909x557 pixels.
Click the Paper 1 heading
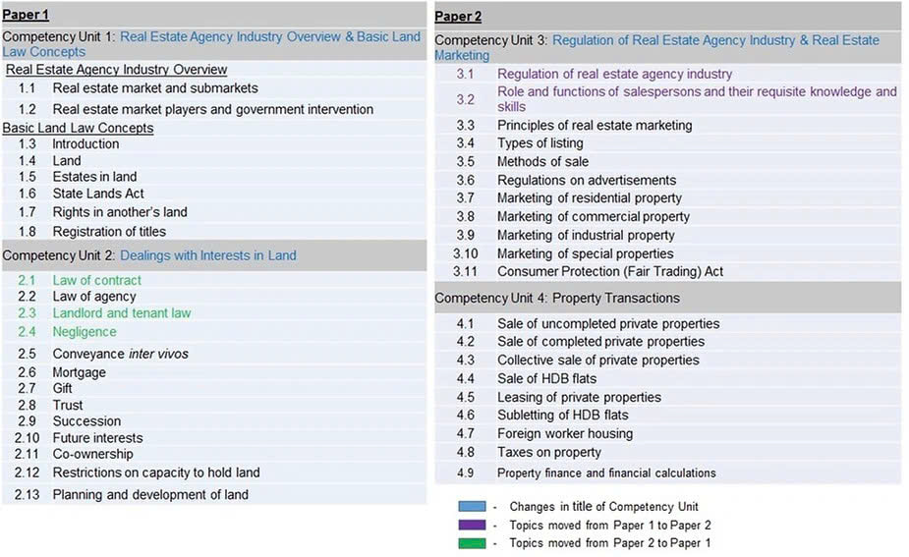(x=26, y=15)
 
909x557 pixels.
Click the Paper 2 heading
(x=458, y=16)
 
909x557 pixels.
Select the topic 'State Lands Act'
(x=98, y=194)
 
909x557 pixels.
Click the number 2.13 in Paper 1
(x=28, y=495)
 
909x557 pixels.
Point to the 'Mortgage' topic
(x=79, y=372)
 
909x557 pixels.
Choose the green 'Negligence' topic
(x=85, y=332)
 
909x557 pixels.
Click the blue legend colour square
(x=472, y=506)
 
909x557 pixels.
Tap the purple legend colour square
(x=472, y=525)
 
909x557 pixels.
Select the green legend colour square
(x=472, y=542)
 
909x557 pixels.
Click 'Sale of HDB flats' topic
(x=546, y=378)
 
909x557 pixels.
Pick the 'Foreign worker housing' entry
(x=564, y=433)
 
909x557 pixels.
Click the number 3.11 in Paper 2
(x=465, y=271)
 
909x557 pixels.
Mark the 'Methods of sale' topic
(x=542, y=161)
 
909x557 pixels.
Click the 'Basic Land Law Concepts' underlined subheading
(x=78, y=128)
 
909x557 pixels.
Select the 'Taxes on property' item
(x=548, y=452)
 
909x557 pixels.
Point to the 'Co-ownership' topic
(x=92, y=454)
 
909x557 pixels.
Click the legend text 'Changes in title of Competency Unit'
(x=603, y=507)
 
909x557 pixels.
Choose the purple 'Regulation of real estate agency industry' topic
(x=614, y=74)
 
